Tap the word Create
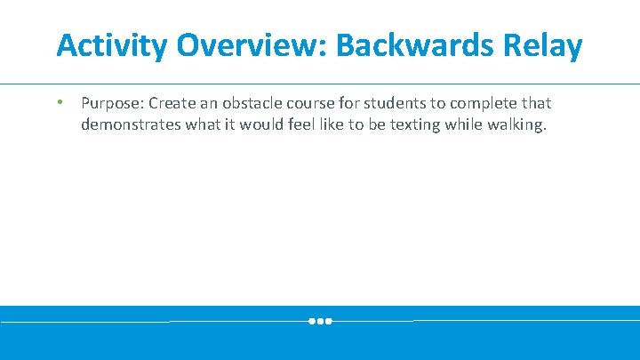tap(167, 103)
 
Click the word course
tap(308, 103)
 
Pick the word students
tap(392, 103)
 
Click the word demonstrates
tap(131, 124)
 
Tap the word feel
tap(304, 124)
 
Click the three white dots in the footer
tap(320, 321)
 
